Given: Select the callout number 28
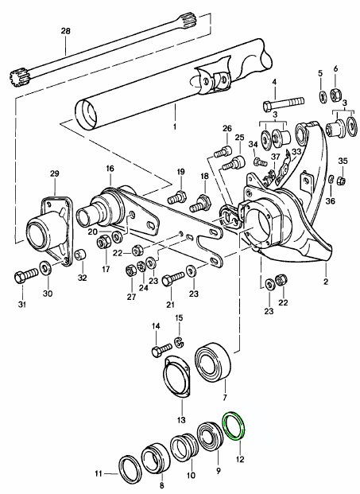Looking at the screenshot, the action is (x=66, y=31).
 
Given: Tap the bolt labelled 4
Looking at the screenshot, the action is (x=283, y=103).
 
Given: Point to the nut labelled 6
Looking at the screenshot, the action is (x=335, y=94).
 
